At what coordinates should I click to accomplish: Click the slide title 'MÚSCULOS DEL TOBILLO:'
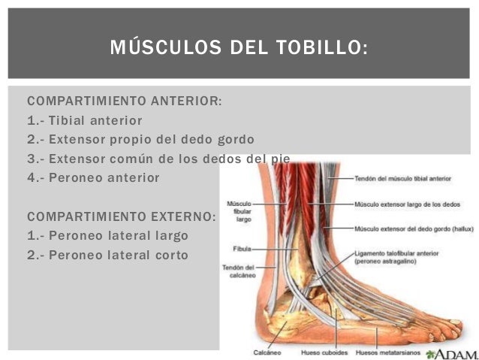[239, 49]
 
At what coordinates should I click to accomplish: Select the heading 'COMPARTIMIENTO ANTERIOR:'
[125, 101]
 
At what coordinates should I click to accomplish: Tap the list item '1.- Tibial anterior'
[85, 120]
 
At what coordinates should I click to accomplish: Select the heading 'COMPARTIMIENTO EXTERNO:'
[122, 216]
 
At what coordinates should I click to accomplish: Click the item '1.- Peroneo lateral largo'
[107, 236]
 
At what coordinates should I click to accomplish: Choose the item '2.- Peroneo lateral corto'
[107, 256]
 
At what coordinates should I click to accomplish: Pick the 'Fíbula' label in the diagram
[242, 247]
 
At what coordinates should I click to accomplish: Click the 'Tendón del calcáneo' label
[239, 271]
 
